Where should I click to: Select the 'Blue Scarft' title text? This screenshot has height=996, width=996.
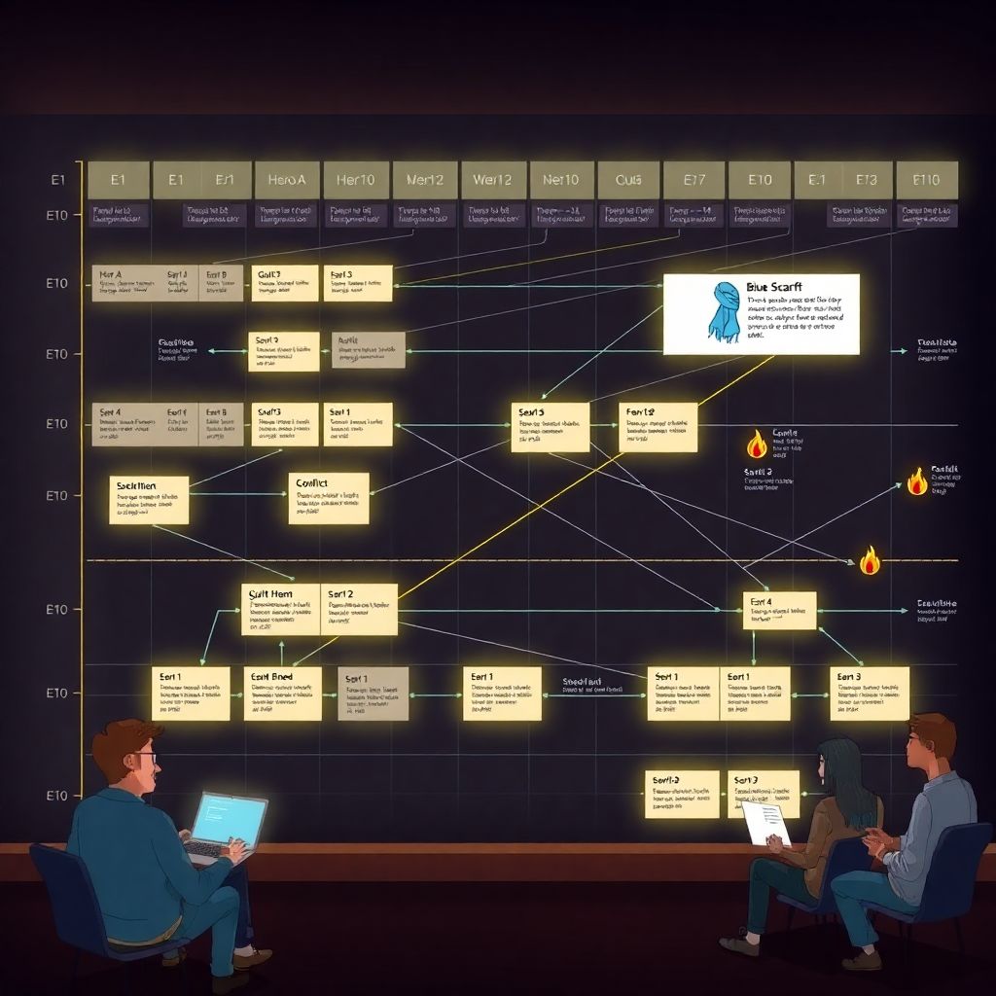pyautogui.click(x=775, y=287)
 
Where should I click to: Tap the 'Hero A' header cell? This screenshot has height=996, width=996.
pyautogui.click(x=286, y=180)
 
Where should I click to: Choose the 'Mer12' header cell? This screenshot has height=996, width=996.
pyautogui.click(x=424, y=180)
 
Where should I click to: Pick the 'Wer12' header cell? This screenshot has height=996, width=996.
pyautogui.click(x=492, y=180)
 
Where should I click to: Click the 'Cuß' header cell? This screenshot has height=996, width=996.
pyautogui.click(x=628, y=180)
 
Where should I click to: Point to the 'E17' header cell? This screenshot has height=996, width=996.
pyautogui.click(x=694, y=180)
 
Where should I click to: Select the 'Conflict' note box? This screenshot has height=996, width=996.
pyautogui.click(x=329, y=498)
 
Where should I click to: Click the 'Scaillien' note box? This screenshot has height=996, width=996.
pyautogui.click(x=149, y=499)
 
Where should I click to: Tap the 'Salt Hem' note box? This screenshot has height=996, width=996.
pyautogui.click(x=280, y=609)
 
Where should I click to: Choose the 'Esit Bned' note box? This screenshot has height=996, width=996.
pyautogui.click(x=282, y=693)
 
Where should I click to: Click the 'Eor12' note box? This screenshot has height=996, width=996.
pyautogui.click(x=658, y=427)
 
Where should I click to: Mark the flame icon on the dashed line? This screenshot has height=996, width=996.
pyautogui.click(x=870, y=559)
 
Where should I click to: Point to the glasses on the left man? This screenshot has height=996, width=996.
pyautogui.click(x=143, y=758)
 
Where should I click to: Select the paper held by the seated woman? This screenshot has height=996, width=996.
pyautogui.click(x=765, y=823)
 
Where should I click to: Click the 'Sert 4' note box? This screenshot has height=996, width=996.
pyautogui.click(x=779, y=610)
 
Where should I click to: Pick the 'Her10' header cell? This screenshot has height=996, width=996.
pyautogui.click(x=355, y=180)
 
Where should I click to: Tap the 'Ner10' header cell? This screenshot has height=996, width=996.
pyautogui.click(x=561, y=180)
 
